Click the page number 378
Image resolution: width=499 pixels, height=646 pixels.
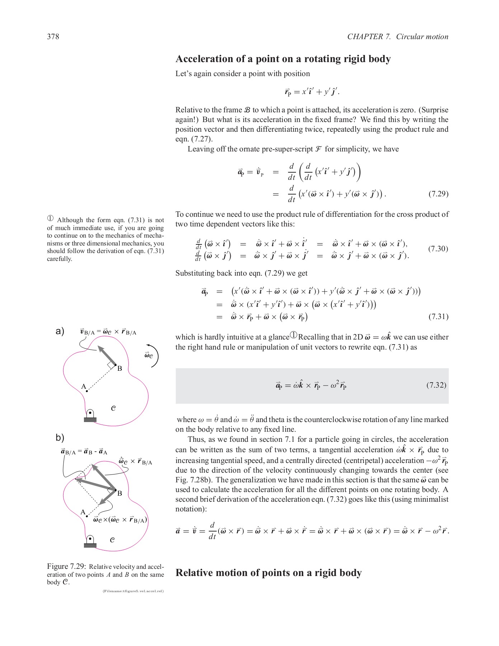pos(53,37)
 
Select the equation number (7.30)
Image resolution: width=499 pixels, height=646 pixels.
pos(438,249)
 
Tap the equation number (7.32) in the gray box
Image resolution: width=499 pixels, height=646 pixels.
pos(436,385)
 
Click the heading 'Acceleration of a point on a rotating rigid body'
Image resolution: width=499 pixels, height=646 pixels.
pos(283,59)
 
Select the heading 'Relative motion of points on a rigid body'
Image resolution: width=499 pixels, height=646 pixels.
pos(268,572)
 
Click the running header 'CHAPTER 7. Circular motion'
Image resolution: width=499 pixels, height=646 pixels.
pos(397,37)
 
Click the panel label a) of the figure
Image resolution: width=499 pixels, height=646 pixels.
pos(60,331)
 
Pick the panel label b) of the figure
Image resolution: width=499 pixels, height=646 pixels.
pos(60,437)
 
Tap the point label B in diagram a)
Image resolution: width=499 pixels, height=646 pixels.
pos(120,369)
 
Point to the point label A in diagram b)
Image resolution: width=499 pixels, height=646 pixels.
pos(83,512)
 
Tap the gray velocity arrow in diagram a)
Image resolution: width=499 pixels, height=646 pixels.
pos(107,355)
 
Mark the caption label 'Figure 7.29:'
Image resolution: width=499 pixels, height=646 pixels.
pos(66,566)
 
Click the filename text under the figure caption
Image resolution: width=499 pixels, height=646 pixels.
pos(133,591)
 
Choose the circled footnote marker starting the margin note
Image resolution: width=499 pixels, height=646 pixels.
pos(50,219)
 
